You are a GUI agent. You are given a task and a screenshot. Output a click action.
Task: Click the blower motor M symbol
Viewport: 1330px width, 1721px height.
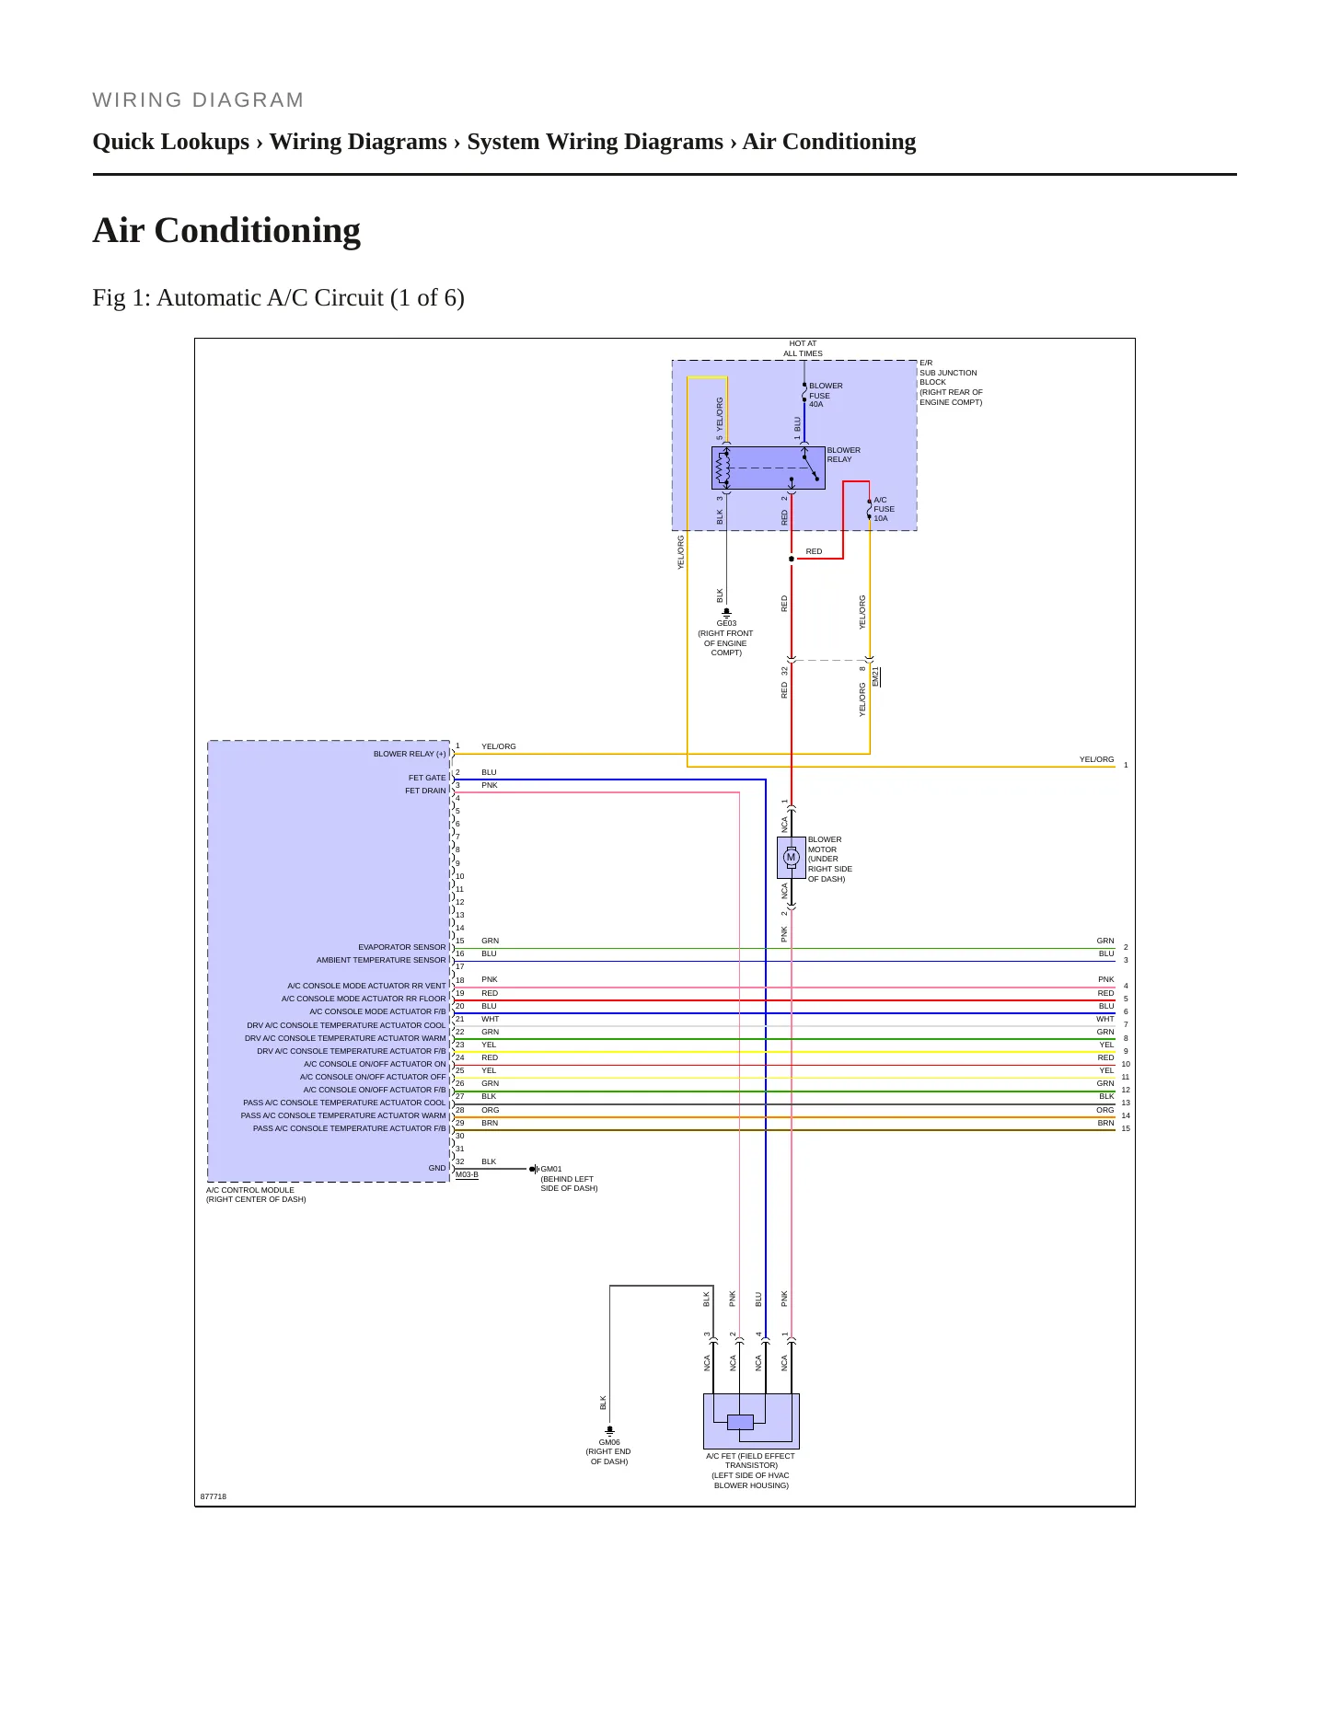click(790, 858)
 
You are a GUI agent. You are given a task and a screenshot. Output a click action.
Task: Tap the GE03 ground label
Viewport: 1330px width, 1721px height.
click(726, 623)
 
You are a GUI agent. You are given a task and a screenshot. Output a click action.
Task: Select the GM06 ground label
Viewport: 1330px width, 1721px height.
click(609, 1442)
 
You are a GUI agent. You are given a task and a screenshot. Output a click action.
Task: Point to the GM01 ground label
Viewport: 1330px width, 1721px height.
click(551, 1169)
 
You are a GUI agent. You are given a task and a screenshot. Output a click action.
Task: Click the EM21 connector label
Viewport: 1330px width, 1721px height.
click(876, 676)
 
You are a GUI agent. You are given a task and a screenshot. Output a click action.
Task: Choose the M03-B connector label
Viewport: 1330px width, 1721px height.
click(467, 1174)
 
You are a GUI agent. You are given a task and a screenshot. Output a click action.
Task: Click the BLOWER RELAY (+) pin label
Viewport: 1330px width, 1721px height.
click(410, 754)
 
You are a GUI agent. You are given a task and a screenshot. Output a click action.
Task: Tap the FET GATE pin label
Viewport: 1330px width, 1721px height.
click(427, 778)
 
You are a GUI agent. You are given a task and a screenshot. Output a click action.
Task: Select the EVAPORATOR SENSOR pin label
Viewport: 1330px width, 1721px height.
click(402, 947)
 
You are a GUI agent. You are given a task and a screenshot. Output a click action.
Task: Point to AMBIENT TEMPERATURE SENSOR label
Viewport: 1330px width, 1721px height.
click(381, 960)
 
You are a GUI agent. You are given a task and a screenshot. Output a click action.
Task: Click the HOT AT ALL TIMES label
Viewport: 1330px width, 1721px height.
click(803, 348)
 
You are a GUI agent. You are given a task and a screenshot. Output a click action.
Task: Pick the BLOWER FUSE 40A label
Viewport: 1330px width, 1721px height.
click(826, 395)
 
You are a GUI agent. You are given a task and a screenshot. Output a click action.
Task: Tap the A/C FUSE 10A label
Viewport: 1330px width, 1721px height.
click(884, 509)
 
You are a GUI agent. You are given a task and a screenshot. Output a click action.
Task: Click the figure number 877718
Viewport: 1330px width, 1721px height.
click(214, 1496)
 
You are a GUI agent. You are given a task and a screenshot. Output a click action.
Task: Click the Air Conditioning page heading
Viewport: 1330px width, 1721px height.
click(226, 230)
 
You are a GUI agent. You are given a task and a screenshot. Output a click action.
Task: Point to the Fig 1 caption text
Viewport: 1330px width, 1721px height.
click(278, 298)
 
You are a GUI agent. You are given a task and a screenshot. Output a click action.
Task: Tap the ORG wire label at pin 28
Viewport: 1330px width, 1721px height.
click(490, 1110)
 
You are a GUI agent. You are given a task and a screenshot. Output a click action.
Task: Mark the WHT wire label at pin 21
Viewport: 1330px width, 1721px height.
click(490, 1019)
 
